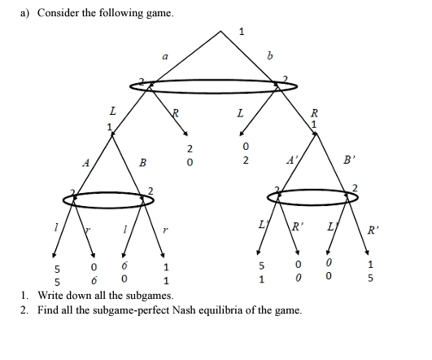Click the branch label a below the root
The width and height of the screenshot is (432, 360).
164,56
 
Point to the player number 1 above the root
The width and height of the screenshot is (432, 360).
241,32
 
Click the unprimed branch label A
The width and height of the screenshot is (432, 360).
85,162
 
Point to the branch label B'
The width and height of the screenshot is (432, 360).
348,160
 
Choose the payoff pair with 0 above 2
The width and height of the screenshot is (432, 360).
245,155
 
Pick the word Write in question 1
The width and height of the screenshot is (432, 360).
50,295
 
